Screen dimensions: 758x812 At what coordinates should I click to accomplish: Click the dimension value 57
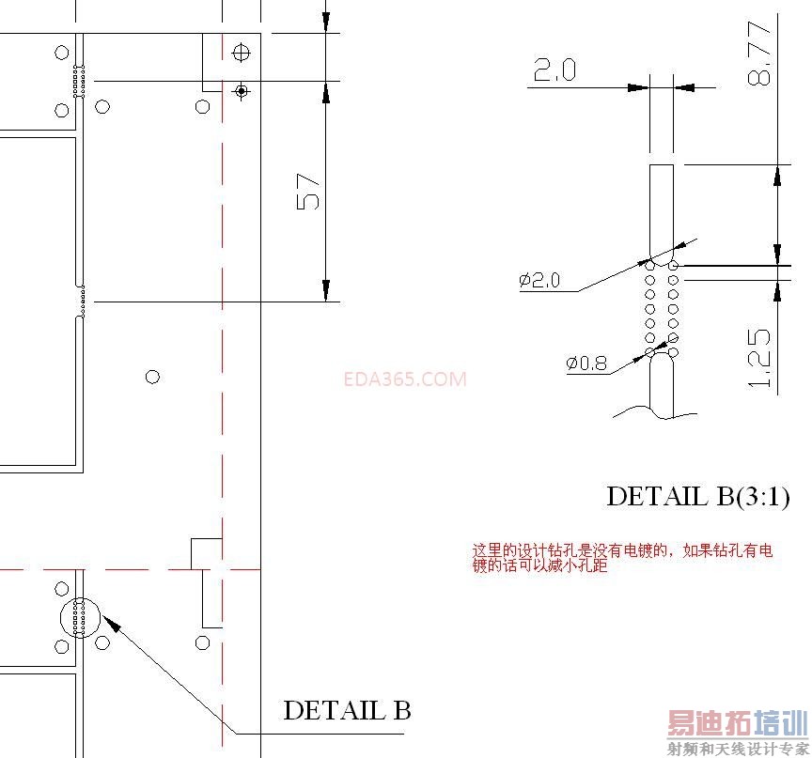tap(310, 192)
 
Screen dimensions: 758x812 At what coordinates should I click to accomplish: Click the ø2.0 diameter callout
tap(539, 280)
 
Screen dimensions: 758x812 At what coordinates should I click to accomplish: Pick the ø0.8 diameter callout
tap(587, 363)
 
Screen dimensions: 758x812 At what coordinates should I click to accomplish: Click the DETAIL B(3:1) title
tap(696, 496)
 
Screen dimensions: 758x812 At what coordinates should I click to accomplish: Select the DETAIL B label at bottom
tap(347, 710)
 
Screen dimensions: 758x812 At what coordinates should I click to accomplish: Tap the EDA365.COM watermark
tap(405, 379)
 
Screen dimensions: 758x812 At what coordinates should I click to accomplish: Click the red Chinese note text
tap(622, 558)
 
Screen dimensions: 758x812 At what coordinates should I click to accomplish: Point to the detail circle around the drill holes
tap(79, 617)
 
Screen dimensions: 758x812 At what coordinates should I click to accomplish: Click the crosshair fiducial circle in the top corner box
tap(242, 52)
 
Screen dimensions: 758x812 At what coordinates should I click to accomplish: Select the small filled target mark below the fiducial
tap(242, 90)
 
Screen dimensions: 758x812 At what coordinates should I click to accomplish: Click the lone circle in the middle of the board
tap(152, 377)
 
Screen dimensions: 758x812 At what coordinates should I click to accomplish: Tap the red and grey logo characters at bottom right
tap(737, 724)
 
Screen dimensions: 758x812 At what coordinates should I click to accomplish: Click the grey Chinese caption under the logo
tap(737, 749)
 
